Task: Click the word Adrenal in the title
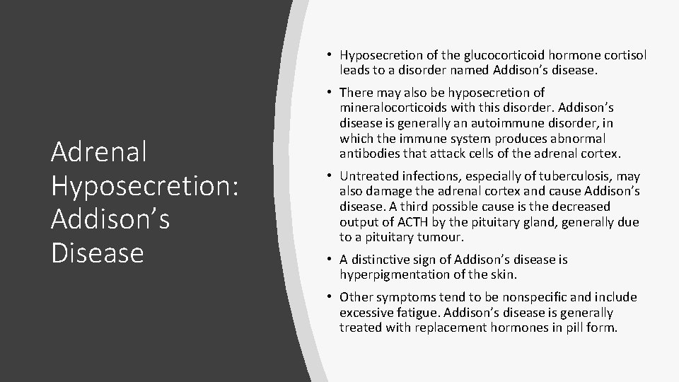point(89,151)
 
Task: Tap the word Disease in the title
point(98,253)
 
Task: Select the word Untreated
point(368,176)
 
